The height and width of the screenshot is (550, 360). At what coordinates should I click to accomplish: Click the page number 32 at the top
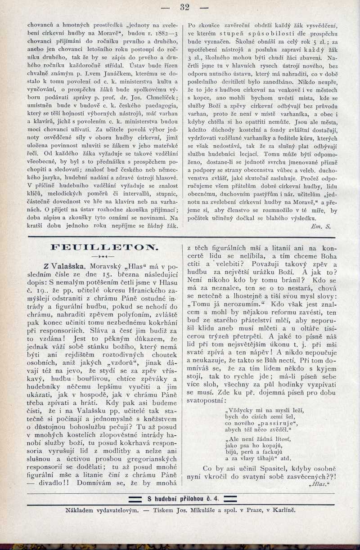click(184, 7)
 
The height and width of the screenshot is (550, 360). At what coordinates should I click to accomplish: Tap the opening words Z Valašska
click(61, 264)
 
